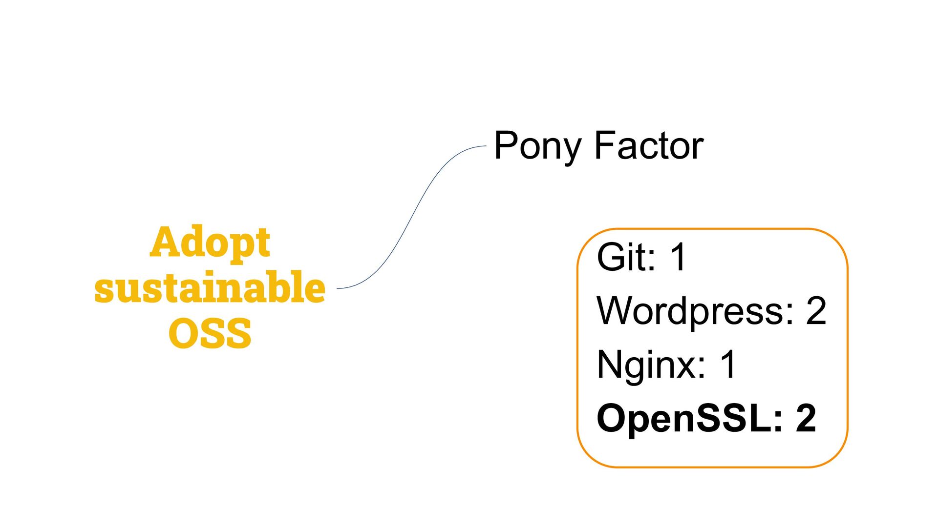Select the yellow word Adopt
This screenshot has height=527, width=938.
(210, 243)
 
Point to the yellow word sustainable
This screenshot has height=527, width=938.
(210, 288)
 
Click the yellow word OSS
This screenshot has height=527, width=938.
(210, 333)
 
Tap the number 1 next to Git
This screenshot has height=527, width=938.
(679, 257)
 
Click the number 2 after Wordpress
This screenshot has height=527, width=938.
(816, 311)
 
